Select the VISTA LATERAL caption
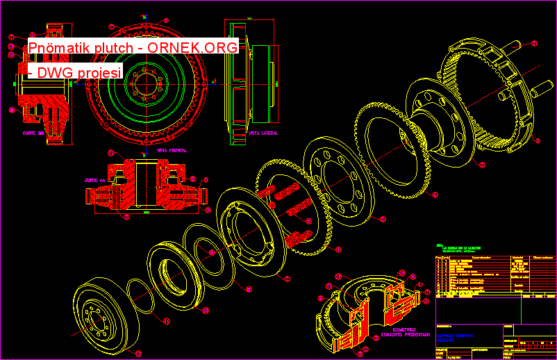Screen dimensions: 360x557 point(263,131)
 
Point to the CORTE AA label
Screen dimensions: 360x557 point(95,179)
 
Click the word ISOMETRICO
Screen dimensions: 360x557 point(404,329)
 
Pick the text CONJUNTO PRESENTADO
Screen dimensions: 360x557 point(404,334)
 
